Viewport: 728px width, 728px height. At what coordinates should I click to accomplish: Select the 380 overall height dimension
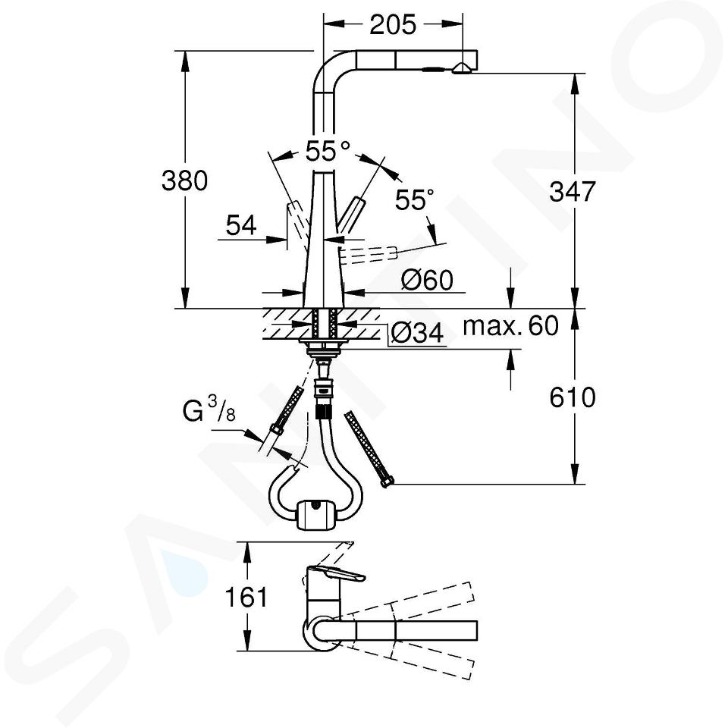(x=184, y=180)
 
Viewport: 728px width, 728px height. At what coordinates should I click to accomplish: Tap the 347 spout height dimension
(x=572, y=191)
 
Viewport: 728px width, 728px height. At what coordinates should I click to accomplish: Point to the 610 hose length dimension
(x=572, y=397)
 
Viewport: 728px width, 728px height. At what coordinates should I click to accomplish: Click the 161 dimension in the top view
(x=246, y=597)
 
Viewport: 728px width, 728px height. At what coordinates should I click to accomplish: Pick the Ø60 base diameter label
(x=427, y=280)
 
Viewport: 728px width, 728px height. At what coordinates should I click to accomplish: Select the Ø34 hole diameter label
(x=417, y=332)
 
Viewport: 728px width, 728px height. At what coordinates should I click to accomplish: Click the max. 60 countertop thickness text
(x=510, y=326)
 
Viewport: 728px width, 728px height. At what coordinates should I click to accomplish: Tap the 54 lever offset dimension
(x=241, y=226)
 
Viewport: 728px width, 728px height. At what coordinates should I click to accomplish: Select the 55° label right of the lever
(x=414, y=199)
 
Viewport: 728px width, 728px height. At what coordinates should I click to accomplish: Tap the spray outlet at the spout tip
(x=461, y=69)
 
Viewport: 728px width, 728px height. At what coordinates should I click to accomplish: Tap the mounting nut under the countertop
(x=324, y=344)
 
